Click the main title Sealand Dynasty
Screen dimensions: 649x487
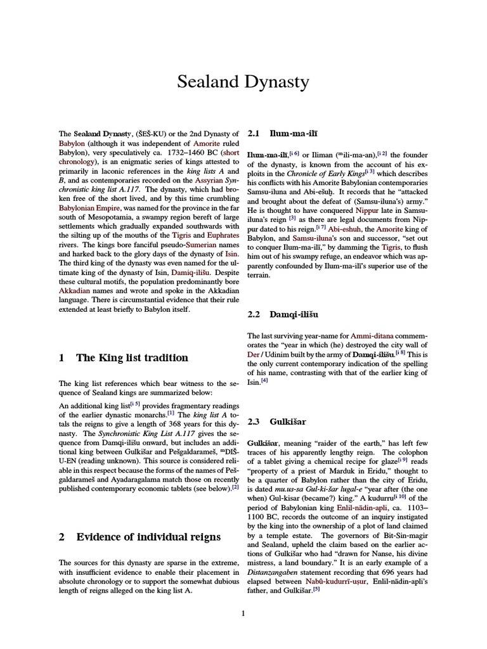[243, 82]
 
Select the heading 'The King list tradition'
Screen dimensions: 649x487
[132, 357]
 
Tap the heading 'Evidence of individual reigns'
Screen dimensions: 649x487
[148, 537]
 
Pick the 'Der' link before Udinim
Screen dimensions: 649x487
[253, 356]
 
